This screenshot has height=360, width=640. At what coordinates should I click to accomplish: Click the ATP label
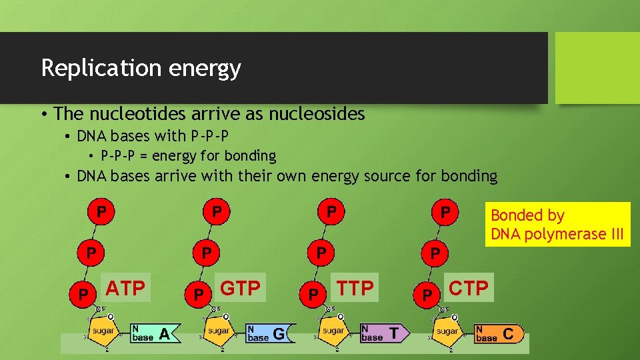[125, 288]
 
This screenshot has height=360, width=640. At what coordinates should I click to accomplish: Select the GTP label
[240, 288]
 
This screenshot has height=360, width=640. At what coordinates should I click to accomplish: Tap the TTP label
[355, 288]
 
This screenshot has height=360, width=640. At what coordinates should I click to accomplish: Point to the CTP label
[469, 288]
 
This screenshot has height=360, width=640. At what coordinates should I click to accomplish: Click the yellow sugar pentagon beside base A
[103, 331]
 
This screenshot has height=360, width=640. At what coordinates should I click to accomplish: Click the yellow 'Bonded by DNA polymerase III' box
[557, 225]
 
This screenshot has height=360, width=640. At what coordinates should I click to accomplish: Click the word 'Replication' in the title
[90, 68]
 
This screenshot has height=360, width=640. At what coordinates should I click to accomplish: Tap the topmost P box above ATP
[101, 212]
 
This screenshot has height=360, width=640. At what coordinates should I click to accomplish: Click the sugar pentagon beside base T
[333, 331]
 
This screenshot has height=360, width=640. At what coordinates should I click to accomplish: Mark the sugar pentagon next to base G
[218, 331]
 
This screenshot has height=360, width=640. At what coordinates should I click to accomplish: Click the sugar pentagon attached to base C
[447, 331]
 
